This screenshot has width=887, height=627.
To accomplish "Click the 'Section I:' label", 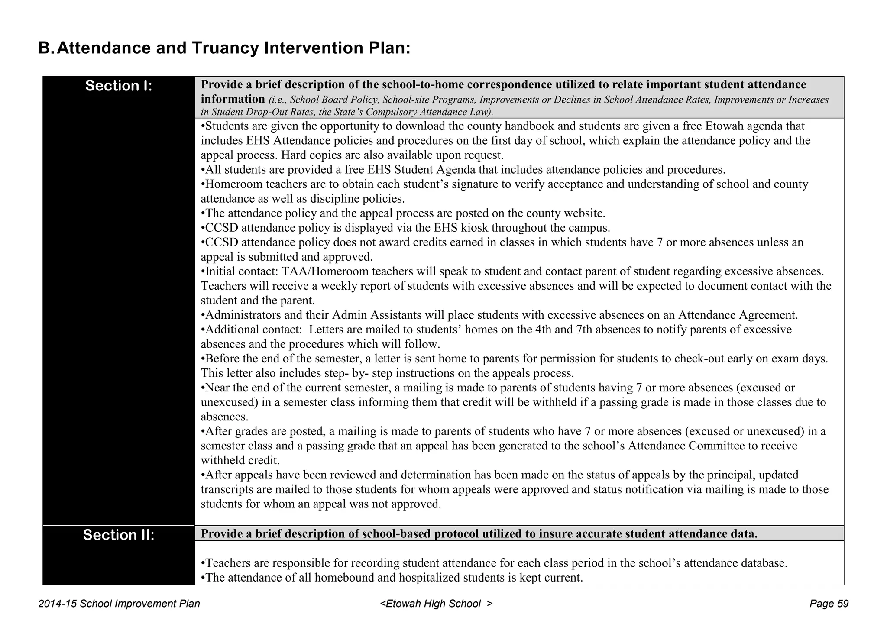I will [119, 86].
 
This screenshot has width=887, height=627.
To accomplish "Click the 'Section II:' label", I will [119, 535].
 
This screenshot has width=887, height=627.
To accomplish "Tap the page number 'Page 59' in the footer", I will [829, 604].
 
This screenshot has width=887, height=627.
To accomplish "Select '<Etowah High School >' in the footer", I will [436, 604].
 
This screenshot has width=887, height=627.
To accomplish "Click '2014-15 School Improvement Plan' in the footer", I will [119, 604].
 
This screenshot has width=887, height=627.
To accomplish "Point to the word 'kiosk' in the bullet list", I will [474, 228].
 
